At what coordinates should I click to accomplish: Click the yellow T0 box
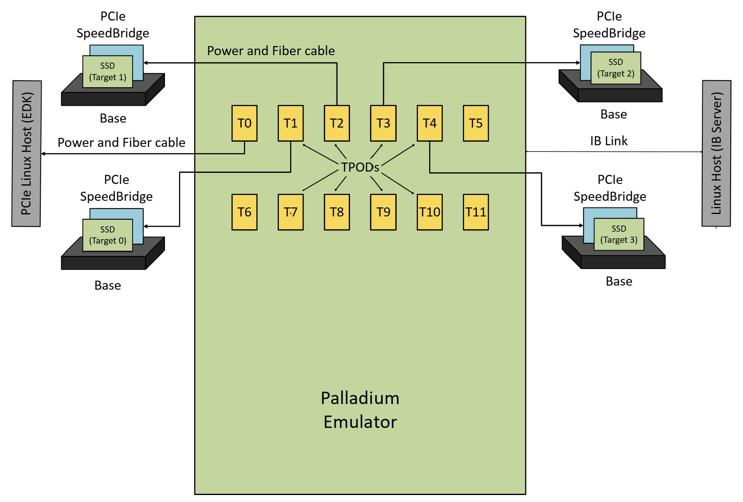point(244,123)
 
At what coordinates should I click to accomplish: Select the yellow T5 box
point(476,123)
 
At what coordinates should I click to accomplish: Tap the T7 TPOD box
point(290,212)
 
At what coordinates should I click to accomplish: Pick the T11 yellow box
point(476,212)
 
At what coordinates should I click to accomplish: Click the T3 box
point(383,123)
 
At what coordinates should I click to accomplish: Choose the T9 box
point(383,212)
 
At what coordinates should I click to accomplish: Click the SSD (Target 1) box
point(107,72)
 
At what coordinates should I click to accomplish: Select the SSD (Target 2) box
point(615,68)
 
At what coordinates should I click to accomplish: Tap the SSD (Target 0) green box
point(107,235)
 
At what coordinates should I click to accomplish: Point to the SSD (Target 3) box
point(618,234)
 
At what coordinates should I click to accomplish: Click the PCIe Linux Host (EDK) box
point(26,153)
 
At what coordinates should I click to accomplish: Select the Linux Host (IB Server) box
point(716,153)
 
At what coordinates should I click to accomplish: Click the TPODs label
point(360,167)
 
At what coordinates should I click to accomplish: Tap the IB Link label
point(608,141)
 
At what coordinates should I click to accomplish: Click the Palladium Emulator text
point(360,410)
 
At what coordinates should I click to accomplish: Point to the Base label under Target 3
point(619,281)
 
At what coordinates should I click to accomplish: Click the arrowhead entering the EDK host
point(44,154)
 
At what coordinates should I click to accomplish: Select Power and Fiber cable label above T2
point(271,51)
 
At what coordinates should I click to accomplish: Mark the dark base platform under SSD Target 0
point(103,263)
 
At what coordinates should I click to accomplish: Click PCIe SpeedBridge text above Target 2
point(609,25)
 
